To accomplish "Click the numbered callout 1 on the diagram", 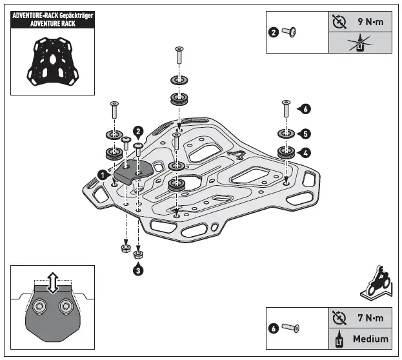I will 103,174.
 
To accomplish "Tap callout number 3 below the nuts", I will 138,271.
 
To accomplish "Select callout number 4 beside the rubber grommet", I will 305,153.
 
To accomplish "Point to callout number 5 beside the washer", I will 305,134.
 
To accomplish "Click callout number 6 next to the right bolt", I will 305,109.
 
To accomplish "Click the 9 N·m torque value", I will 370,21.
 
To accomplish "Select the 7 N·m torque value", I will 370,318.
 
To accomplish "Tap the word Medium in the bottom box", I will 370,338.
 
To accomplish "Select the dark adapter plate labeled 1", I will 133,170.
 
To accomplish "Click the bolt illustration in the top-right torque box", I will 292,32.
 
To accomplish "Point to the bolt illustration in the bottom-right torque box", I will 292,328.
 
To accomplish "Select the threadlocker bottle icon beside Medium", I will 339,338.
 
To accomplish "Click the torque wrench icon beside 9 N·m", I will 339,21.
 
